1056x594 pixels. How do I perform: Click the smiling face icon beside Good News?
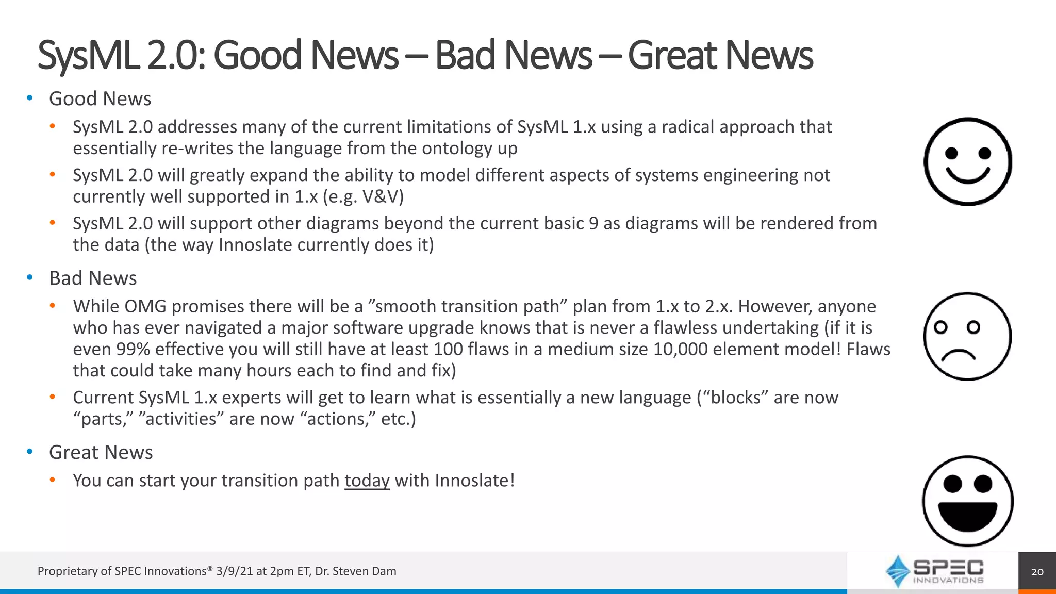[968, 162]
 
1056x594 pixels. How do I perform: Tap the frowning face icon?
[967, 336]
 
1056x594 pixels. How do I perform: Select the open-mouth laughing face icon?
[968, 501]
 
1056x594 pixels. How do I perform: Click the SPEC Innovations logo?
[934, 571]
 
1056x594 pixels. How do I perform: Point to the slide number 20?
[1037, 571]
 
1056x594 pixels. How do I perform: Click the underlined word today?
[367, 481]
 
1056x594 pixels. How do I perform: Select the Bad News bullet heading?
[93, 278]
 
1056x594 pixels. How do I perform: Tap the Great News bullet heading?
[101, 453]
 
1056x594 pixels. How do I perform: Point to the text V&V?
[383, 197]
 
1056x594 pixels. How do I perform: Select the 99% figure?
[133, 350]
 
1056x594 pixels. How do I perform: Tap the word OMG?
[145, 307]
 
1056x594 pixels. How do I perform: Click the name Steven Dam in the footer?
[365, 571]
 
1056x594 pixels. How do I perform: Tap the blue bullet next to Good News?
[30, 98]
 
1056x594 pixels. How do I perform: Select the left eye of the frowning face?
[940, 327]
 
